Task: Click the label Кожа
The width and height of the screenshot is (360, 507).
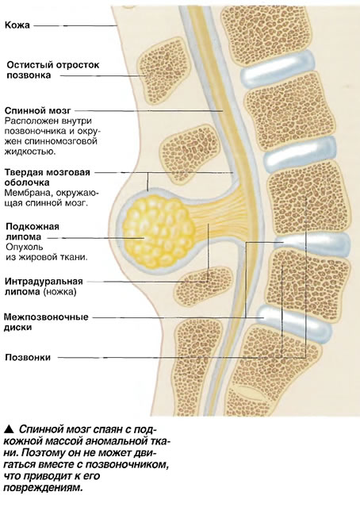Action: (x=17, y=25)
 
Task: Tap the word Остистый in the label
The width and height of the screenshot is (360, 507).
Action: (x=29, y=65)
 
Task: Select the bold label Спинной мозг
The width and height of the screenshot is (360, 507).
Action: (x=37, y=110)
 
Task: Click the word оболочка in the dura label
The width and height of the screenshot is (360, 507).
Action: (x=27, y=182)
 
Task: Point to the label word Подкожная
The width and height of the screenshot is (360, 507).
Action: (x=33, y=226)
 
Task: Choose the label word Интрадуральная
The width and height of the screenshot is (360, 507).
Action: (x=44, y=282)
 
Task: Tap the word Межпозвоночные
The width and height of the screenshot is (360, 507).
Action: (x=46, y=317)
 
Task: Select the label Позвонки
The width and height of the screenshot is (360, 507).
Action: (x=28, y=357)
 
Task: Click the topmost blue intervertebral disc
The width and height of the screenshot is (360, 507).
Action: (x=278, y=69)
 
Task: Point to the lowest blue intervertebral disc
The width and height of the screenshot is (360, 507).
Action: (x=294, y=324)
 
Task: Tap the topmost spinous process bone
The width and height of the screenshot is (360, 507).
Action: (x=161, y=71)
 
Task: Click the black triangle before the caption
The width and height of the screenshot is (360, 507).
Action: (x=9, y=429)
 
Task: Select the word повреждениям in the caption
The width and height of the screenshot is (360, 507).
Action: (x=43, y=488)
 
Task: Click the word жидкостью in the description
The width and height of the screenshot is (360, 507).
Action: (x=30, y=152)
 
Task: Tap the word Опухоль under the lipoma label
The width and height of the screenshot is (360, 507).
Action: (x=25, y=248)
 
